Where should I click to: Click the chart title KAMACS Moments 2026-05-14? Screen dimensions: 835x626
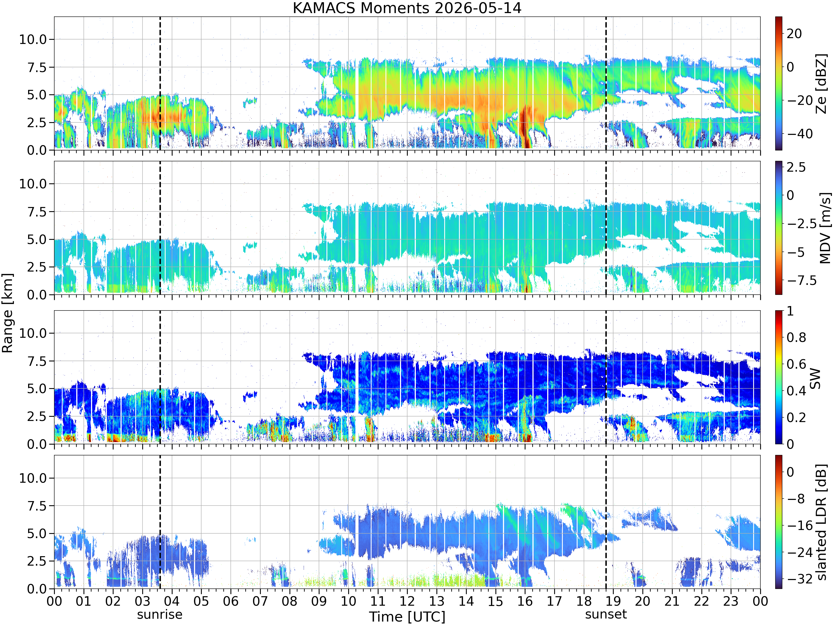[407, 8]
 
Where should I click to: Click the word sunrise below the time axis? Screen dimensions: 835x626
[160, 614]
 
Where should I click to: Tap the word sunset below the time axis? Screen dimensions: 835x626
[606, 614]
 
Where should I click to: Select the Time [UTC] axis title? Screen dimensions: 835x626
[407, 617]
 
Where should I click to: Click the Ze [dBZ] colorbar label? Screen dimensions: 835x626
[821, 83]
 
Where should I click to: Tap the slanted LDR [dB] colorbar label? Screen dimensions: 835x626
[821, 522]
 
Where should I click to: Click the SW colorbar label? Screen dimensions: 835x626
[815, 378]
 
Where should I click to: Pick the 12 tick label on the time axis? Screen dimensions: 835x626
[407, 601]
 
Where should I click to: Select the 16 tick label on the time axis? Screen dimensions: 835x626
[525, 601]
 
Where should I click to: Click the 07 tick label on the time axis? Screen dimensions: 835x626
[260, 601]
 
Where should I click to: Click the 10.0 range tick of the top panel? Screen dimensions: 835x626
[33, 39]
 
